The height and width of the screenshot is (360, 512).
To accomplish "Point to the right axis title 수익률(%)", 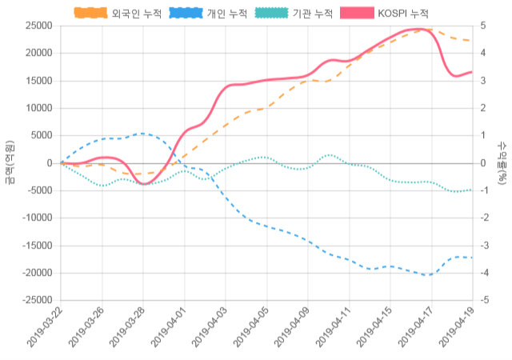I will pyautogui.click(x=502, y=163).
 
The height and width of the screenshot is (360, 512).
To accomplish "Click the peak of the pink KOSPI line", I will pyautogui.click(x=419, y=29).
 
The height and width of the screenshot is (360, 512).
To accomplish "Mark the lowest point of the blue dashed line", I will pyautogui.click(x=429, y=275).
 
